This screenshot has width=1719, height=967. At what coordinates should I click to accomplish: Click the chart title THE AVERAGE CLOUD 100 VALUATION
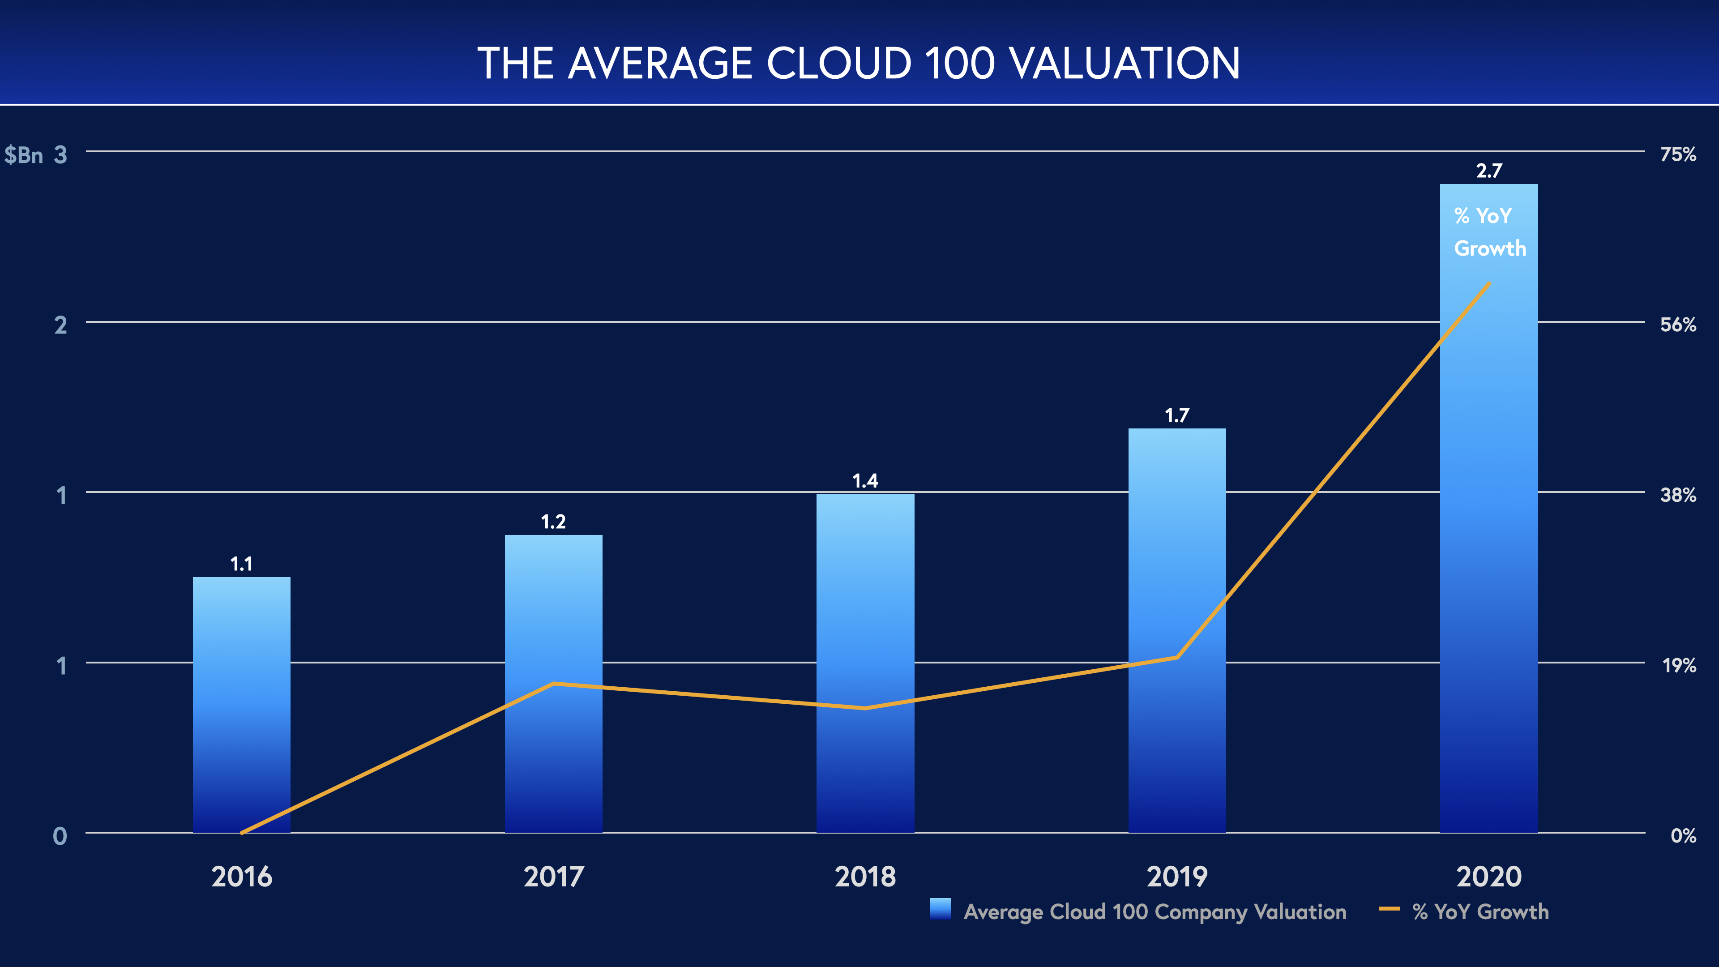(859, 64)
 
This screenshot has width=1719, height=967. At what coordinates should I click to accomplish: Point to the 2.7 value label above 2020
(1489, 171)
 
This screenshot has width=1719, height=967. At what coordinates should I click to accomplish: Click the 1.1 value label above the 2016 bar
(242, 564)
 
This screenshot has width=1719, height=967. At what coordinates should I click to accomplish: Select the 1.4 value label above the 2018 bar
(865, 480)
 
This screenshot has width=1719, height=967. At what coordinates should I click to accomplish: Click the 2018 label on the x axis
(865, 876)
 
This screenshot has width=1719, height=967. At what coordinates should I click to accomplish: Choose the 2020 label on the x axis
(1489, 876)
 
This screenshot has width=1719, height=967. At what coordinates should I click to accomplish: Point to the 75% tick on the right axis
(1678, 154)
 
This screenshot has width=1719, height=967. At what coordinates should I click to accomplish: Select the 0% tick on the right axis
(1683, 835)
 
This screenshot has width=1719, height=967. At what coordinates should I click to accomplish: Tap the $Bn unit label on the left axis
(23, 155)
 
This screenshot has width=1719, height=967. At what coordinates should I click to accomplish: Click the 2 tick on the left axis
(61, 325)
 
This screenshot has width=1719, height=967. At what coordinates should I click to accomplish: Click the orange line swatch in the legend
(1389, 909)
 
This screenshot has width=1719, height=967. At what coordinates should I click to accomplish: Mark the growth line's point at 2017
(553, 683)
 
